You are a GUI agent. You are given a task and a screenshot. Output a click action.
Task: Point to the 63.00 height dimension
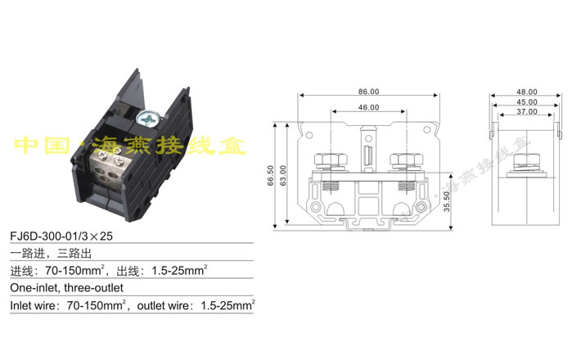[283, 175]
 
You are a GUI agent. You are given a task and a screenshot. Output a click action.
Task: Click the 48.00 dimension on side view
[526, 92]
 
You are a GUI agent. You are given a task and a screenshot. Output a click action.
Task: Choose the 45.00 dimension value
[526, 101]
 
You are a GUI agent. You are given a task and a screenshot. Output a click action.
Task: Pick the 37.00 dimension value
[526, 111]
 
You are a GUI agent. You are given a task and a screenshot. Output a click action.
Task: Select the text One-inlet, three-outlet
[66, 288]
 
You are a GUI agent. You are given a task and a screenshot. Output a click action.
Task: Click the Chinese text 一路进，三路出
[45, 254]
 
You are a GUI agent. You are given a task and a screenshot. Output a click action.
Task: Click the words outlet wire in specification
[166, 305]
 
